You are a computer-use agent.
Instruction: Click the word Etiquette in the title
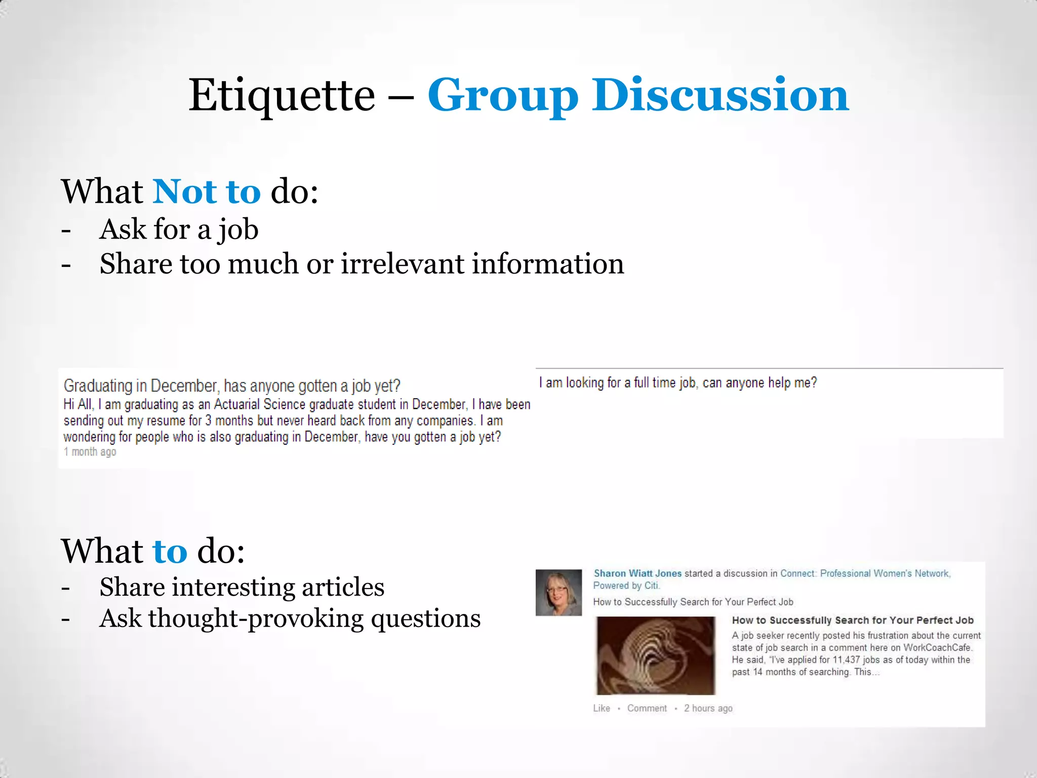(282, 96)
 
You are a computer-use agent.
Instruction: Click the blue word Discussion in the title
(720, 96)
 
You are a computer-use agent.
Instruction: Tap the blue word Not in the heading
(184, 192)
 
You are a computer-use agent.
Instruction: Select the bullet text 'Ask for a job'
(179, 229)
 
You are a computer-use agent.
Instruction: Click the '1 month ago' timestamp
(90, 452)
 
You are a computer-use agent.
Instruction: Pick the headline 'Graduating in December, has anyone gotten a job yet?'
(232, 386)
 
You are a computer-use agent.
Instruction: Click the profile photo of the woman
(559, 593)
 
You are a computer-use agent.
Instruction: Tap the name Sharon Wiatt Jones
(637, 573)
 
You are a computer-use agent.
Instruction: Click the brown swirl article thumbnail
(656, 655)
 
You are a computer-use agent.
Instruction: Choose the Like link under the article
(602, 708)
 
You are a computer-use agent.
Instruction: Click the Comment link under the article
(647, 708)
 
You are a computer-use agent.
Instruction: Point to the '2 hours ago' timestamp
(708, 708)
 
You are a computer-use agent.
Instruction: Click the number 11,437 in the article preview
(846, 660)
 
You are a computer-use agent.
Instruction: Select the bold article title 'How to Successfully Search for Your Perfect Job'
(852, 620)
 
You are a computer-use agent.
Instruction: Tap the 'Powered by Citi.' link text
(626, 586)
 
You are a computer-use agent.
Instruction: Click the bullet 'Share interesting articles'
(242, 588)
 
